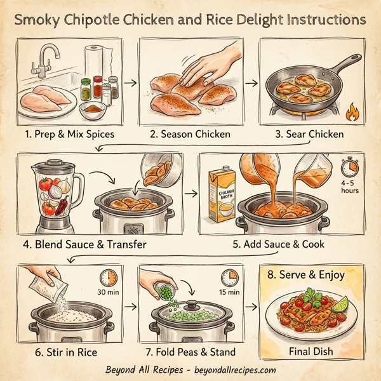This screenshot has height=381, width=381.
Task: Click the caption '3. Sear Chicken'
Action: pyautogui.click(x=309, y=134)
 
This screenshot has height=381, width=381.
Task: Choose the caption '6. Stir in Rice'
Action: pyautogui.click(x=58, y=351)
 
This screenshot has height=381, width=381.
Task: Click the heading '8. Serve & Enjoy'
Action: pyautogui.click(x=309, y=274)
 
